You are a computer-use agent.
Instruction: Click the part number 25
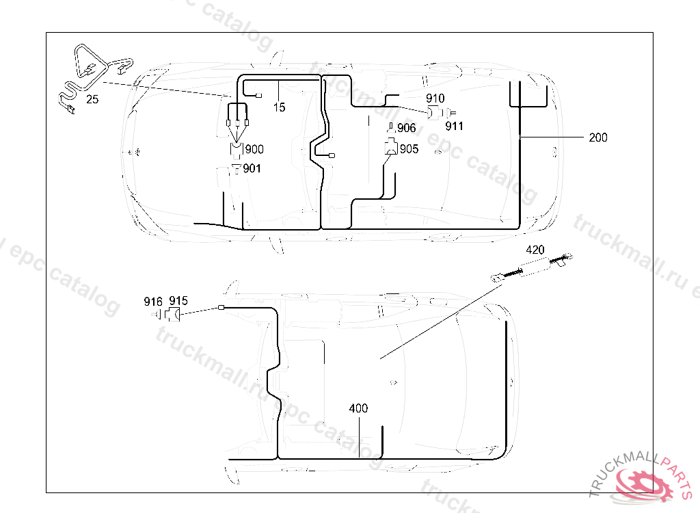point(92,99)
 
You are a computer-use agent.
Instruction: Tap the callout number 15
point(279,107)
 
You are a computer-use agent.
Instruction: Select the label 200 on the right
point(597,137)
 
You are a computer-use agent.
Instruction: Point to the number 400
point(358,408)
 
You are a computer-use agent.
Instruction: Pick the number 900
point(254,149)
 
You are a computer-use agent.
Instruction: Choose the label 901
point(252,168)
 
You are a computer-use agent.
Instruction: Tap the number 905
point(409,148)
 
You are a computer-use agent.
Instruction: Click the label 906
point(406,128)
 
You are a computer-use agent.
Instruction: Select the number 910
point(435,99)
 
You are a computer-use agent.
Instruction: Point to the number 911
point(454,126)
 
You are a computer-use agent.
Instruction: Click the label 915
point(178,301)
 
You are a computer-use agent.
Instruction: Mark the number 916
point(153,301)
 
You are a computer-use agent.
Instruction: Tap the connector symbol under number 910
point(433,113)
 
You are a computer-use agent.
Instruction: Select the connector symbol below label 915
point(173,315)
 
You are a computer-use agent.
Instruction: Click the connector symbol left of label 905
point(390,146)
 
